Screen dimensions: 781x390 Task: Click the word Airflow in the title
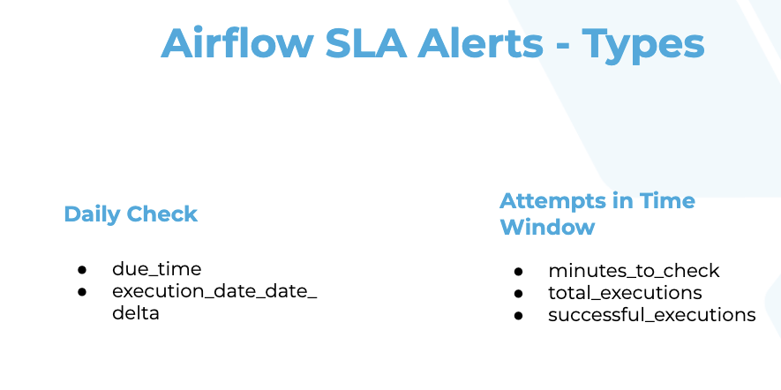tap(237, 43)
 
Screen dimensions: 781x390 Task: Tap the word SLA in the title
tap(366, 43)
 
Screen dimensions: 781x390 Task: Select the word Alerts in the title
tap(481, 43)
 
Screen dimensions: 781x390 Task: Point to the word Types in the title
tap(643, 46)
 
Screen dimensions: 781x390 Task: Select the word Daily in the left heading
tap(92, 214)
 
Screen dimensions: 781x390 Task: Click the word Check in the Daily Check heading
tap(161, 214)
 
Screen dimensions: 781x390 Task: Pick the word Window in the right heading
tap(547, 227)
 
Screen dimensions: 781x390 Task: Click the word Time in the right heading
tap(667, 200)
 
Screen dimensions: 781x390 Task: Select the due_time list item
tap(157, 269)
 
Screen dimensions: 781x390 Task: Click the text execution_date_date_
tap(214, 292)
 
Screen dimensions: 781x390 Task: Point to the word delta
tap(136, 313)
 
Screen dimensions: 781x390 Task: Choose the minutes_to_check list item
tap(634, 271)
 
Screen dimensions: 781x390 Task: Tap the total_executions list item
tap(625, 293)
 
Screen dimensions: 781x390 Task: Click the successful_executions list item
tap(652, 315)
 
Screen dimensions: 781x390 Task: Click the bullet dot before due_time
tap(82, 270)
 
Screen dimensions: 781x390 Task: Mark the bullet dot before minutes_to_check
tap(518, 272)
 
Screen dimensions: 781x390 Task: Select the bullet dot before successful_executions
tap(518, 316)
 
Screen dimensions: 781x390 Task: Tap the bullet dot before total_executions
tap(518, 294)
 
